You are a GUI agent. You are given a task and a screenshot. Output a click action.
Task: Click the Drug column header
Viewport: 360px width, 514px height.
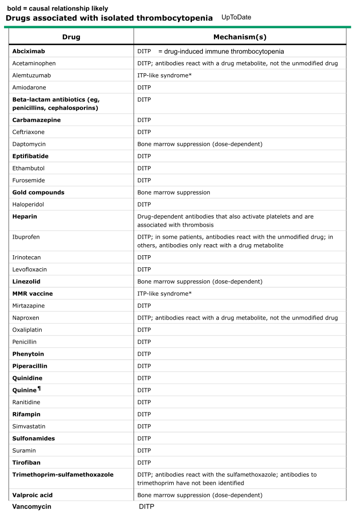(71, 37)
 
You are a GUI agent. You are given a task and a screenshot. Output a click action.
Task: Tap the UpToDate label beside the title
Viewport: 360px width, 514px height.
(236, 18)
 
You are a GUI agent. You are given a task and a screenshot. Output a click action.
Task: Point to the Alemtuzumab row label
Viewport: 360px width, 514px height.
(32, 75)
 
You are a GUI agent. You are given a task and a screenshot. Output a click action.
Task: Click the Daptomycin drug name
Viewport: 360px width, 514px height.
(31, 144)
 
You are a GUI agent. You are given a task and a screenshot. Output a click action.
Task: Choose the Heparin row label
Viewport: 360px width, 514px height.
(25, 217)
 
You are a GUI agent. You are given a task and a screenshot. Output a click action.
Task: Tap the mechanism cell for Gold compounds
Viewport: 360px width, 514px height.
(174, 192)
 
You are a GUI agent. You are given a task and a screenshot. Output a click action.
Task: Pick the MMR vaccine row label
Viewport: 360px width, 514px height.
(33, 293)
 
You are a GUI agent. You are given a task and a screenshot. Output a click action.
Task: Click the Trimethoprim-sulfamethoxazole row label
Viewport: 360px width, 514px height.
(63, 474)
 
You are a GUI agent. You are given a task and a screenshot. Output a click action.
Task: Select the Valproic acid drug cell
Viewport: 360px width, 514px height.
(33, 495)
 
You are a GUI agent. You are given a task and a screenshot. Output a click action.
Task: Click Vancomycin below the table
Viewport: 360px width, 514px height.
(32, 507)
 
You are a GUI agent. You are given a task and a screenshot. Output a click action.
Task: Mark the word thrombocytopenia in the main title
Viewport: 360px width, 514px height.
(171, 18)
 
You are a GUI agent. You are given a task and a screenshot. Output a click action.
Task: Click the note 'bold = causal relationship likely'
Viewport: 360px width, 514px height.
(57, 9)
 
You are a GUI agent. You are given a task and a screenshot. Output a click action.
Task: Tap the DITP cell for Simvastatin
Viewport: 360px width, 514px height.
(145, 426)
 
